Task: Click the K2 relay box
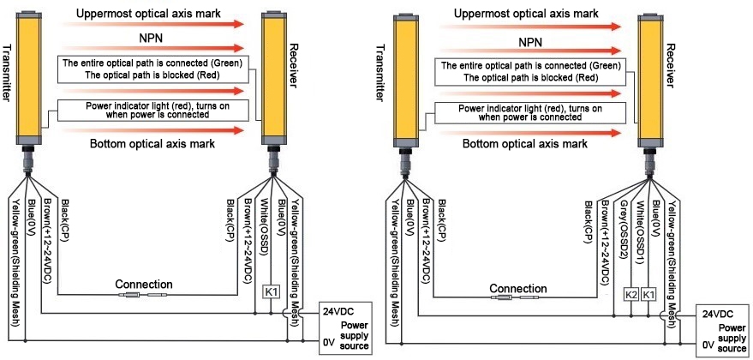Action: pyautogui.click(x=631, y=295)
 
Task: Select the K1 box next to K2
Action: pyautogui.click(x=648, y=295)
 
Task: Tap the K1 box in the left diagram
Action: pyautogui.click(x=272, y=292)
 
